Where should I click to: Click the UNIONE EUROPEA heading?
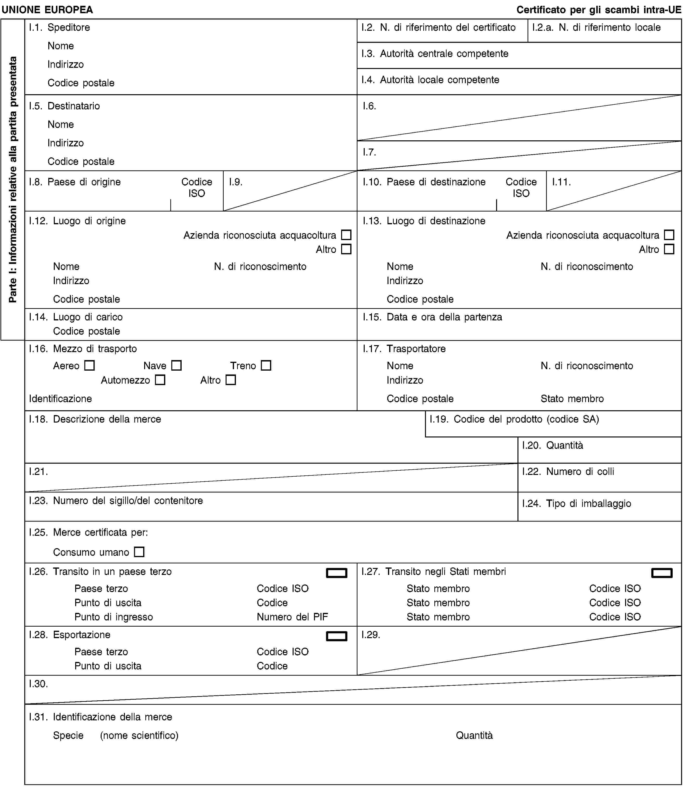pyautogui.click(x=47, y=10)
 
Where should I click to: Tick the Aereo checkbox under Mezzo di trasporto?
pyautogui.click(x=89, y=365)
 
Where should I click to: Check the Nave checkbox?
pyautogui.click(x=176, y=365)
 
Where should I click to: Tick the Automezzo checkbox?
pyautogui.click(x=160, y=380)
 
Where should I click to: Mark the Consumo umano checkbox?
pyautogui.click(x=139, y=552)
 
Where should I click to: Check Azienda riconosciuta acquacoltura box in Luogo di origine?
pyautogui.click(x=346, y=235)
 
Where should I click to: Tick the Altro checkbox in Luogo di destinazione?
pyautogui.click(x=669, y=249)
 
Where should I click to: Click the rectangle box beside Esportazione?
pyautogui.click(x=337, y=636)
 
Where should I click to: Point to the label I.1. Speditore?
pyautogui.click(x=60, y=27)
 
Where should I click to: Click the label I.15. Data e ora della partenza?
pyautogui.click(x=432, y=317)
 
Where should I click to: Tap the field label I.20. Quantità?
pyautogui.click(x=553, y=445)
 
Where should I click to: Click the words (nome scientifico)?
pyautogui.click(x=139, y=735)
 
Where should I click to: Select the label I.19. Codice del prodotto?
pyautogui.click(x=514, y=419)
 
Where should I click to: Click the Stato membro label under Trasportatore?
pyautogui.click(x=572, y=399)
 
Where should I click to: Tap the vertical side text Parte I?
pyautogui.click(x=13, y=180)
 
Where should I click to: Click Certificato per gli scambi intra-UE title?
pyautogui.click(x=598, y=10)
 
